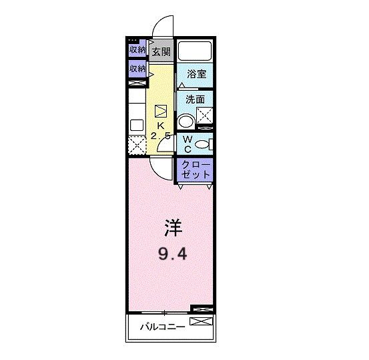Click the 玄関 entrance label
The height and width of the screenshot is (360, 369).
point(160,51)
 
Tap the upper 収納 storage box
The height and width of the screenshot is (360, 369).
point(137,50)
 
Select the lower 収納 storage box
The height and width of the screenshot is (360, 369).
point(137,69)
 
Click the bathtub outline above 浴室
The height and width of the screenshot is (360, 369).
point(195,51)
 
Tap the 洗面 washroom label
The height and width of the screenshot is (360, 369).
point(195,100)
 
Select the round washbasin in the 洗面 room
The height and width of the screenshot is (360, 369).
point(186,121)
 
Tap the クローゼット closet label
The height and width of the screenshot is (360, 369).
point(195,170)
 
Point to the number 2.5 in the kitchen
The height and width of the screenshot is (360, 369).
point(160,136)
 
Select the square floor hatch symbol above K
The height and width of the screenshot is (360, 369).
point(161,112)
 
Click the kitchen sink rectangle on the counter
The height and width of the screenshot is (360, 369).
point(136,124)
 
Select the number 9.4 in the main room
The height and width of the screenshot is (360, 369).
point(171,253)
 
